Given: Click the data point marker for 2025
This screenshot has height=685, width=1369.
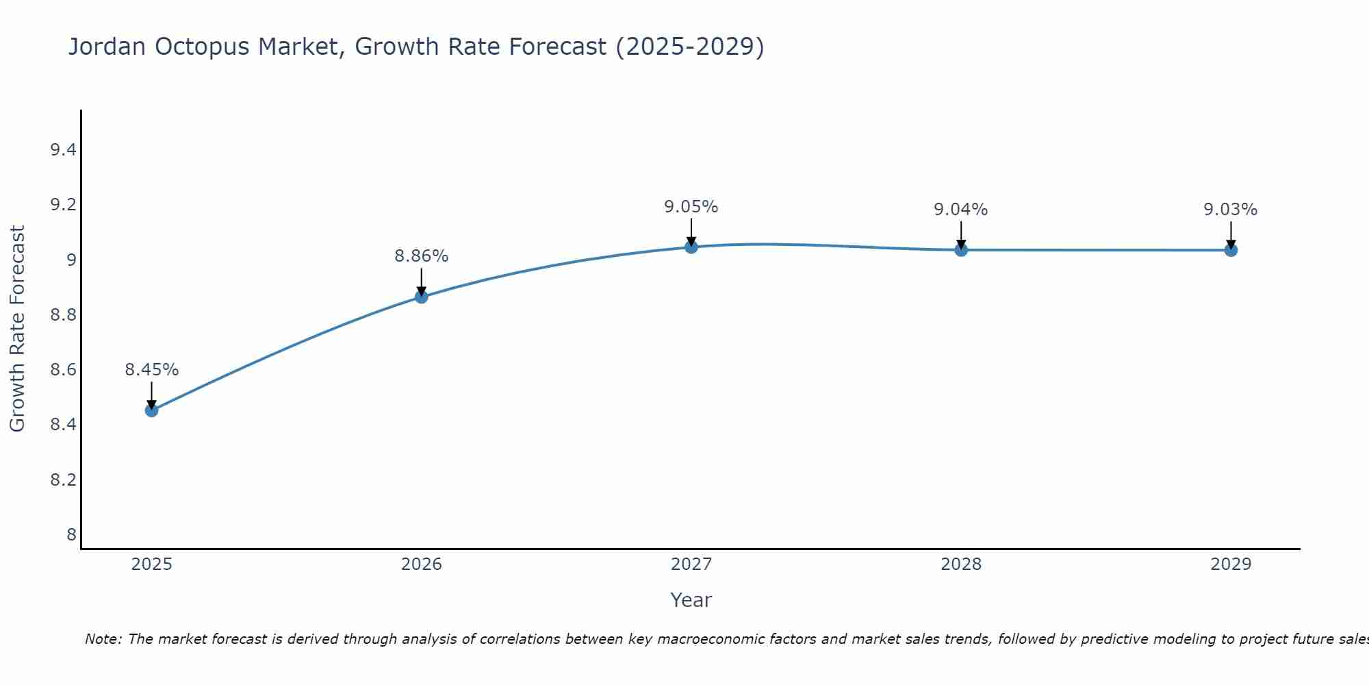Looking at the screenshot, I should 151,410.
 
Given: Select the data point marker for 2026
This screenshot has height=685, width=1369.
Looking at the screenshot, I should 421,297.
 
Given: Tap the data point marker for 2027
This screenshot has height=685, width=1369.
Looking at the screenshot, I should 691,247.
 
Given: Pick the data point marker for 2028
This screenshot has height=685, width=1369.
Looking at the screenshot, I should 961,250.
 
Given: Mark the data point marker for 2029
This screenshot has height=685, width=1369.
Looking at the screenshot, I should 1231,250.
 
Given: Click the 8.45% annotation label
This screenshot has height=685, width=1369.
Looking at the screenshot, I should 151,370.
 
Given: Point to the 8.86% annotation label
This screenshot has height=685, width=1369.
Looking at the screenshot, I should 421,256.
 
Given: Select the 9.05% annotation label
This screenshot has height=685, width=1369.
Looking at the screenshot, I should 691,207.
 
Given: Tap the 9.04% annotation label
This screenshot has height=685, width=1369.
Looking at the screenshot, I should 961,210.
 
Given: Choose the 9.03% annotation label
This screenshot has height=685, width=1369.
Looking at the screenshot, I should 1231,210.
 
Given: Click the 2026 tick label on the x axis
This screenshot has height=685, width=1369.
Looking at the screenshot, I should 421,564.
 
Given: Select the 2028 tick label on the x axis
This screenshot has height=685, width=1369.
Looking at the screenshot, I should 961,564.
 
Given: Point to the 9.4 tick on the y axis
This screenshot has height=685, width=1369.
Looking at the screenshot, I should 63,150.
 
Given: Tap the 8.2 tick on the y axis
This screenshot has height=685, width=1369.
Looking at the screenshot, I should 63,480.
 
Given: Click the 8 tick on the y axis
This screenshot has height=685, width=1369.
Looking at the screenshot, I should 71,534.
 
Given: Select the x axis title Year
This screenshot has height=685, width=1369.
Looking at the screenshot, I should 691,600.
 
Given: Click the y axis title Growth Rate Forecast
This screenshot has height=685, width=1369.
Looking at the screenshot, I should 17,329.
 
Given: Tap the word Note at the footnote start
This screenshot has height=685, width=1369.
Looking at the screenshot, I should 103,639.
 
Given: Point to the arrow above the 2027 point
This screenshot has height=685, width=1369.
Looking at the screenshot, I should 691,232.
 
